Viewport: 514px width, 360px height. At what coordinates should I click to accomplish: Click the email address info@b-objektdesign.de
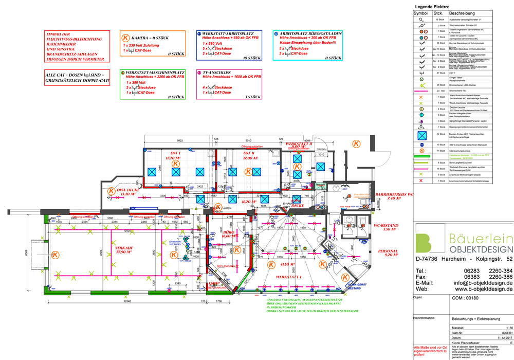point(484,283)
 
